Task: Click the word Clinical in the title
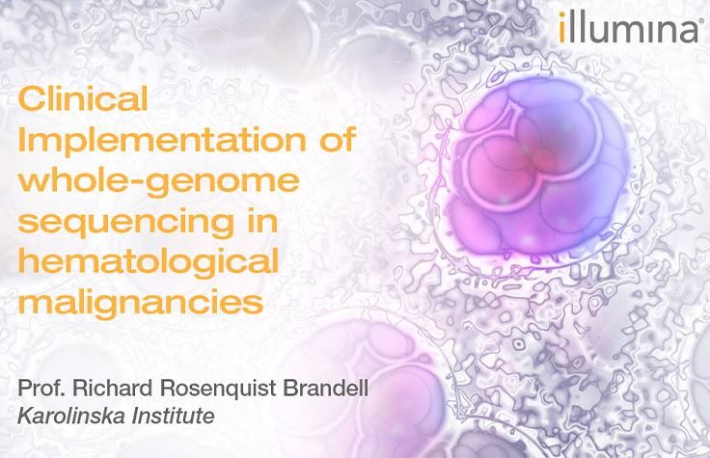83,98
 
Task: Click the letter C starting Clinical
32,98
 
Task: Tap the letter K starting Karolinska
25,417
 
